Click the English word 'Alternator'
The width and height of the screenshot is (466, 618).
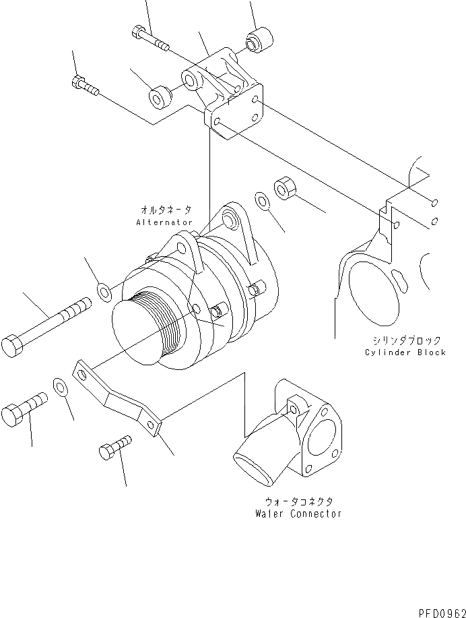click(164, 222)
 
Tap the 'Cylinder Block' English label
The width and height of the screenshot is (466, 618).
click(405, 352)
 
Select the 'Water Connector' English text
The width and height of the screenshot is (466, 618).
click(298, 514)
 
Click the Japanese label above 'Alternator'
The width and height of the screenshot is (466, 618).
click(164, 211)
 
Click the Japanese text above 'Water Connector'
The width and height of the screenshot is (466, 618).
click(298, 502)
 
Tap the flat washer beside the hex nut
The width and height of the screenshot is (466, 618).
click(263, 200)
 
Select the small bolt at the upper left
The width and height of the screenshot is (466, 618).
click(84, 86)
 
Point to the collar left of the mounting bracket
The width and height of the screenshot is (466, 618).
click(160, 96)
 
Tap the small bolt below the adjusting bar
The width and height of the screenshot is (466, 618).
click(114, 447)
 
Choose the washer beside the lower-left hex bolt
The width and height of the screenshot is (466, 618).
click(60, 388)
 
